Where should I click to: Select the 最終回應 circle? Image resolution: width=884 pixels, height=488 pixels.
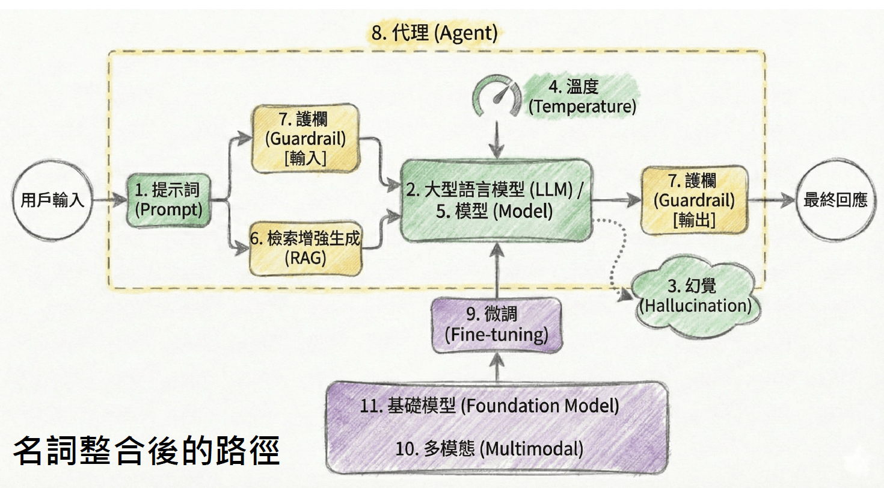click(835, 200)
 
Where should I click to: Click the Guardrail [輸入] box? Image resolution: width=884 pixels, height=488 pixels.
click(305, 138)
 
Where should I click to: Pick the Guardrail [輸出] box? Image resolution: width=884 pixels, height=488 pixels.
click(695, 200)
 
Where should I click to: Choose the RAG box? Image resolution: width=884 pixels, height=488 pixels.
click(305, 248)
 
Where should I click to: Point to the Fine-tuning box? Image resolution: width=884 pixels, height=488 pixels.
click(497, 325)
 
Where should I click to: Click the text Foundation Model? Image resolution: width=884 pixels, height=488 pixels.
click(540, 406)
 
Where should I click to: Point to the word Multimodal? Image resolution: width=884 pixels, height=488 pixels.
click(532, 448)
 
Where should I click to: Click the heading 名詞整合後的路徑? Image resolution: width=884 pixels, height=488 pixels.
click(147, 451)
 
